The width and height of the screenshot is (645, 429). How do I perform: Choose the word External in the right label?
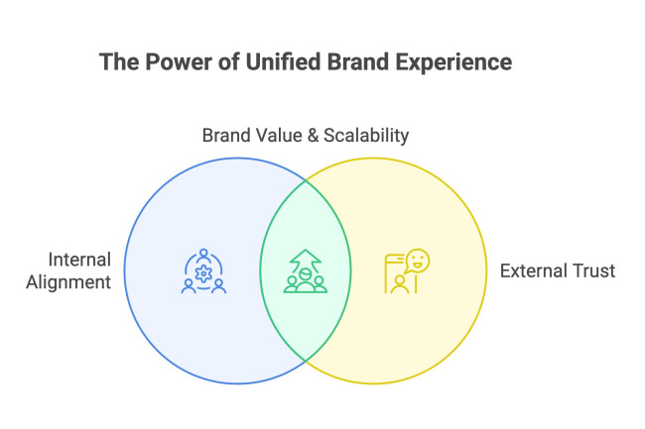pos(536,270)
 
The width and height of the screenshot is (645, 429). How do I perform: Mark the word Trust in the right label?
pos(594,270)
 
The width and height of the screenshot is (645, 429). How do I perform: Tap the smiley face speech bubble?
pos(418,261)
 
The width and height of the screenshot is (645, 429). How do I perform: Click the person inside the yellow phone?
pos(399,282)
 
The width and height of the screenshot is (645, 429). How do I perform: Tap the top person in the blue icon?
pos(205,254)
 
